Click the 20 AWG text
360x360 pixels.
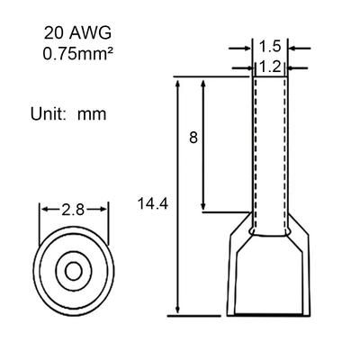point(77,33)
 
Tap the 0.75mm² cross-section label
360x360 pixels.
point(78,54)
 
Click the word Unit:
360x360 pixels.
point(48,114)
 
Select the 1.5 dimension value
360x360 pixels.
point(270,47)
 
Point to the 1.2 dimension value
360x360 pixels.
point(270,67)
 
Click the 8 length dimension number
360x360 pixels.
point(193,138)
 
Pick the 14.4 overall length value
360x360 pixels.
point(153,204)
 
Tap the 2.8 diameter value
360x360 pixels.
point(73,210)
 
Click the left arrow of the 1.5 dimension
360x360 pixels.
point(239,48)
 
